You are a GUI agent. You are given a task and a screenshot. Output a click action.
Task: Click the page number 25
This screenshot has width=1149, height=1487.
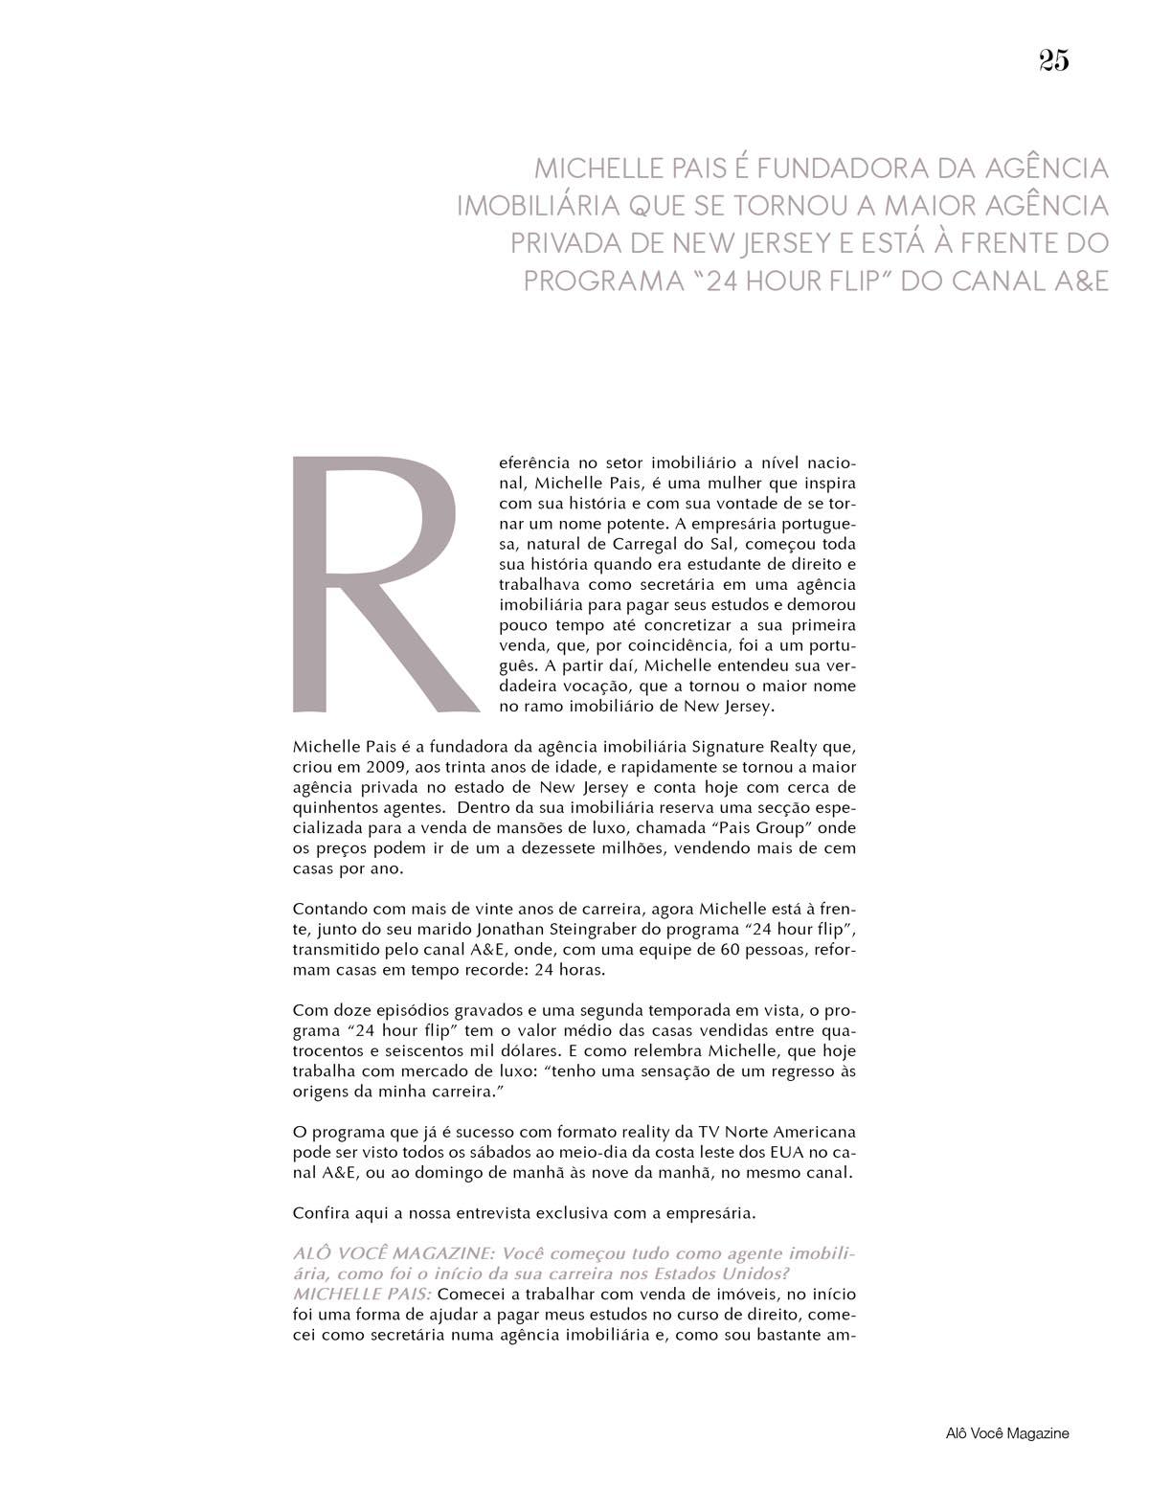pos(1052,61)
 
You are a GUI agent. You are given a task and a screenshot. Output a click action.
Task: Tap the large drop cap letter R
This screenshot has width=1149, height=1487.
pos(383,584)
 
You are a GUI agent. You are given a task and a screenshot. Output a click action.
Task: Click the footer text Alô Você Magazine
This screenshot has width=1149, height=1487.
pos(1004,1433)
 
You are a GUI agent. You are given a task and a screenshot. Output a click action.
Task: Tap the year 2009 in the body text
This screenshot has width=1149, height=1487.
pos(396,767)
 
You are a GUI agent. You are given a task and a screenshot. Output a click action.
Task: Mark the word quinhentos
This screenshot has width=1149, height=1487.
pos(334,807)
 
